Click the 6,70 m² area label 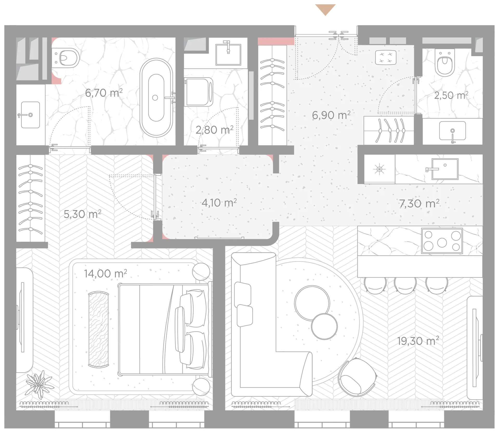pyautogui.click(x=104, y=93)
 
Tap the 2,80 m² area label pyautogui.click(x=214, y=130)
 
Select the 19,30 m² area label pyautogui.click(x=418, y=341)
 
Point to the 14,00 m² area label pyautogui.click(x=105, y=273)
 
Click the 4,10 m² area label pyautogui.click(x=219, y=203)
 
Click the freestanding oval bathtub pyautogui.click(x=156, y=97)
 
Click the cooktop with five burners pyautogui.click(x=442, y=241)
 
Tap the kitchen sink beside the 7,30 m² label pyautogui.click(x=445, y=169)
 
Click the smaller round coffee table pyautogui.click(x=324, y=326)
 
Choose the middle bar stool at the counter pyautogui.click(x=405, y=285)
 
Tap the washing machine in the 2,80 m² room pyautogui.click(x=199, y=92)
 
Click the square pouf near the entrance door pyautogui.click(x=386, y=57)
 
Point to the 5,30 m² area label pyautogui.click(x=82, y=214)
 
